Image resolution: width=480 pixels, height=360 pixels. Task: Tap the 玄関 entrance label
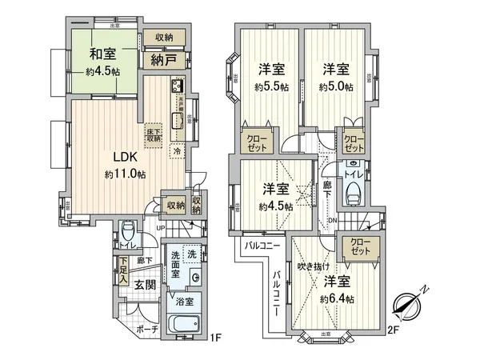tap(144, 284)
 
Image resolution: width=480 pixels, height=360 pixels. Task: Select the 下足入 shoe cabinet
tap(124, 270)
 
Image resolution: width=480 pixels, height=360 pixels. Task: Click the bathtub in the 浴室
tap(186, 326)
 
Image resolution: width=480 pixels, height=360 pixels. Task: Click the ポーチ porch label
tap(146, 328)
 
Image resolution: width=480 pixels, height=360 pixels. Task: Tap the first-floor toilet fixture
tap(129, 233)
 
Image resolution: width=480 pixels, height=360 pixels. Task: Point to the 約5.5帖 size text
tap(270, 86)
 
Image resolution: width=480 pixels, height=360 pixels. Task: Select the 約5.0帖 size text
tap(336, 86)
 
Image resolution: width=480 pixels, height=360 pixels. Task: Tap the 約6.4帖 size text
tap(337, 298)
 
